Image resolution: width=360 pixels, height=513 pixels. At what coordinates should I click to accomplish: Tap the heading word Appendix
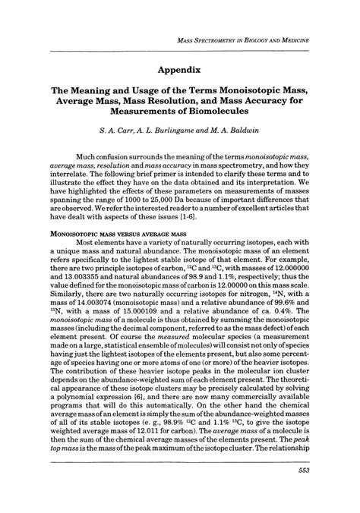point(179,68)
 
